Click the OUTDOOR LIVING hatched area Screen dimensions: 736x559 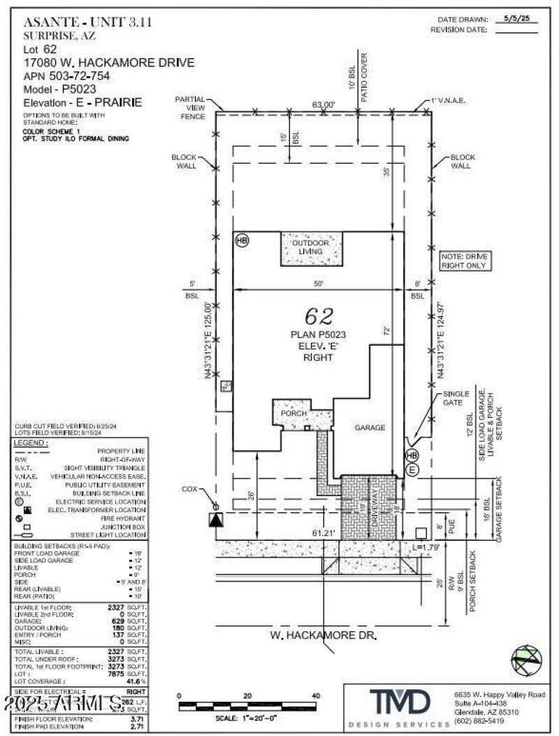coord(311,248)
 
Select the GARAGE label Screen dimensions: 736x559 coord(370,427)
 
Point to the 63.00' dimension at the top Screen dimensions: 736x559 coord(324,104)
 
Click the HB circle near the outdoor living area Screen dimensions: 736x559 coord(242,240)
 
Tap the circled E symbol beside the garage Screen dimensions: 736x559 coord(412,469)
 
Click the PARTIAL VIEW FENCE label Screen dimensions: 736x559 coord(189,108)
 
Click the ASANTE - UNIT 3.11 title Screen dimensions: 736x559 coord(87,22)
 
